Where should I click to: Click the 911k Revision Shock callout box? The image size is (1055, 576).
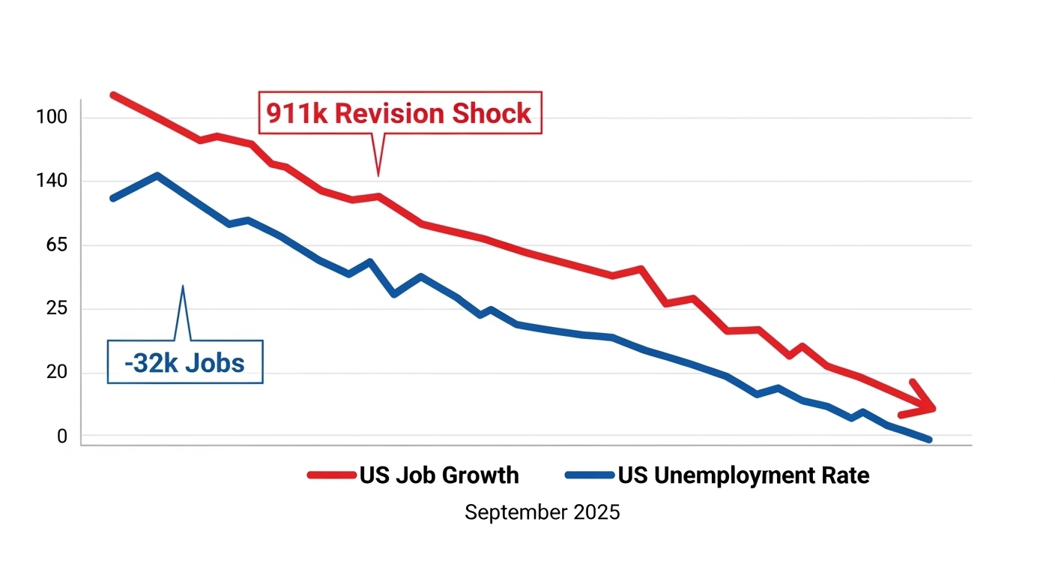point(399,114)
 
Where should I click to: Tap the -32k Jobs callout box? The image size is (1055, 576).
point(185,363)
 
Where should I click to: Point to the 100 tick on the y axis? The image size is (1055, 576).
point(51,118)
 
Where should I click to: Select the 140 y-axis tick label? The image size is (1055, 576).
point(51,181)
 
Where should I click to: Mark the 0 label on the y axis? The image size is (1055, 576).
point(61,436)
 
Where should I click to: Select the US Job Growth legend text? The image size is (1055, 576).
point(439,475)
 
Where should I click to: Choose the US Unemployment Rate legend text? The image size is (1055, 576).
point(743,475)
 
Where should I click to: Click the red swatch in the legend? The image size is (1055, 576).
point(331,475)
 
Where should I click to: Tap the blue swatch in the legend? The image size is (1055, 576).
point(590,475)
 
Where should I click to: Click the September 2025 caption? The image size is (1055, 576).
point(542,513)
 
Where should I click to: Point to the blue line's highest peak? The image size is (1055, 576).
point(157,175)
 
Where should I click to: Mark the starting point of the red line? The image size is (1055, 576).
point(113,95)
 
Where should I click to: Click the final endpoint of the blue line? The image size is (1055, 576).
point(929,439)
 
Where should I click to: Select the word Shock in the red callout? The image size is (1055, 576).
point(492,114)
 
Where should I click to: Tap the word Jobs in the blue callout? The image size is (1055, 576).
point(217,363)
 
